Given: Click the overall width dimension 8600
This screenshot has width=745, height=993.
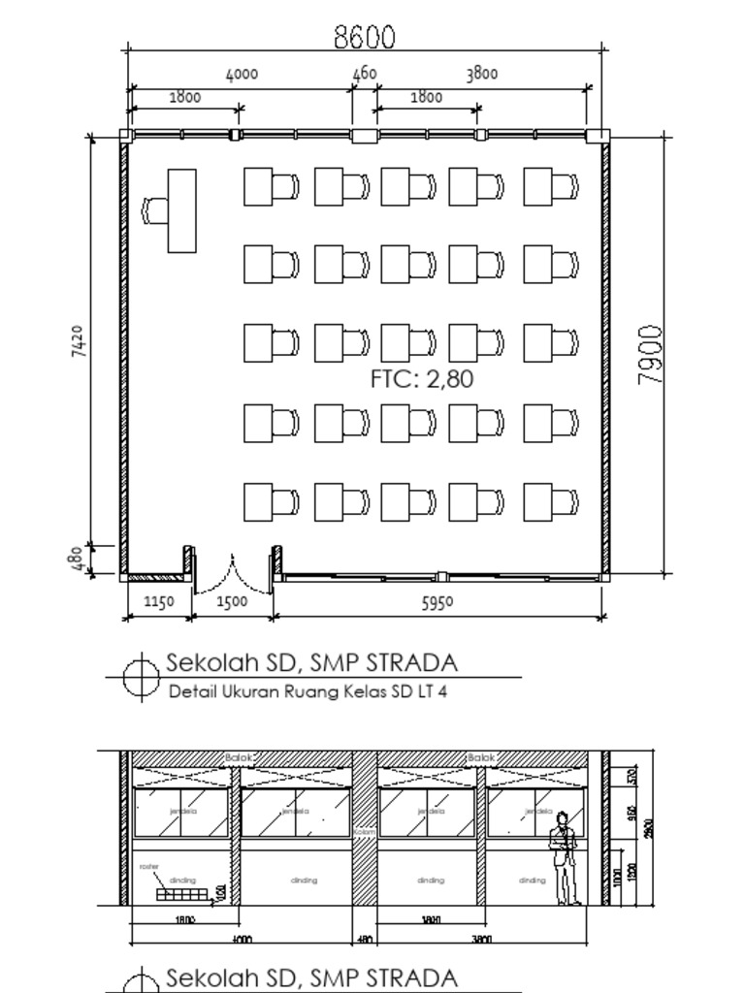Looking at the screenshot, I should click(365, 37).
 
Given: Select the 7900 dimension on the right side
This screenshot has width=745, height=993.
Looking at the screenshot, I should click(652, 355).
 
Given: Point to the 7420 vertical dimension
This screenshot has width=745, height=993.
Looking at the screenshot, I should click(79, 341).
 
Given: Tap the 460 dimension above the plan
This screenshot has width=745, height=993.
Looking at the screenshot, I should click(364, 74).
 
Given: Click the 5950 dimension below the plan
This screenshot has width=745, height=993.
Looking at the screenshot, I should click(437, 602).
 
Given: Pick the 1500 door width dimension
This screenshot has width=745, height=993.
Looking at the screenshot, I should click(231, 602).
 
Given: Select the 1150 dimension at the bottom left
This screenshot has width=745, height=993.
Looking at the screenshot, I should click(158, 602).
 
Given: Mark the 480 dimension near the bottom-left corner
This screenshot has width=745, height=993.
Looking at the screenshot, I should click(79, 561).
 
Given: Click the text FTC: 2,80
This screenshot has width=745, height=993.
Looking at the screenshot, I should click(422, 379).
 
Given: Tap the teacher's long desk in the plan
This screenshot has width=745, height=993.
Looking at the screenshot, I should click(181, 210).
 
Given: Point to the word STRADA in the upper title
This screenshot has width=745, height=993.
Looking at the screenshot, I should click(408, 663).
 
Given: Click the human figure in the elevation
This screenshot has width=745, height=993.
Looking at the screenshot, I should click(563, 859).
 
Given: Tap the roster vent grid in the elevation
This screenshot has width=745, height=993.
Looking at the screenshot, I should click(182, 893).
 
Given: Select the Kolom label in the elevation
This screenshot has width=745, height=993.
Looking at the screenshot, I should click(364, 831).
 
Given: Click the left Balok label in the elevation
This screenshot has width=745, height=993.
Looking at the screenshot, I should click(239, 757).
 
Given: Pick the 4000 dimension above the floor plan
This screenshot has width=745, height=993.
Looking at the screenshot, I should click(242, 74).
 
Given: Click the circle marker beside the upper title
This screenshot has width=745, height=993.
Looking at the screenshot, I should click(142, 676).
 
